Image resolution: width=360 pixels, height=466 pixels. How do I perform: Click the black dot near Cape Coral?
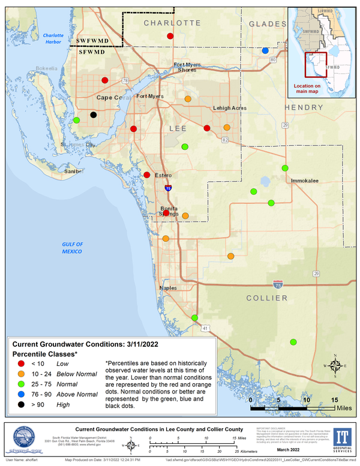[93, 115]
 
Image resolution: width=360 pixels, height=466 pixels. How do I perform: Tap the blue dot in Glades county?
[265, 51]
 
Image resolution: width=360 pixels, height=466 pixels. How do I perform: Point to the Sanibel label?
[74, 171]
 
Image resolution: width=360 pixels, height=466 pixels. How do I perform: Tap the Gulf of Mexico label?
[75, 248]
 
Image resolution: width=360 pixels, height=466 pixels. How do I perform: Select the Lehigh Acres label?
[230, 108]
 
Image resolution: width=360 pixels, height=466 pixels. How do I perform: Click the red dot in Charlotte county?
[170, 37]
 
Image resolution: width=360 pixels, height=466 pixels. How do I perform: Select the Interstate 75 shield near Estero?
[168, 188]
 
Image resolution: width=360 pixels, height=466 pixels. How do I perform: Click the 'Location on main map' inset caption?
[315, 88]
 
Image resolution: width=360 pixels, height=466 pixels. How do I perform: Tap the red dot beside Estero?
[147, 175]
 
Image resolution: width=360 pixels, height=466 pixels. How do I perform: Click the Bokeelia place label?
[48, 68]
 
